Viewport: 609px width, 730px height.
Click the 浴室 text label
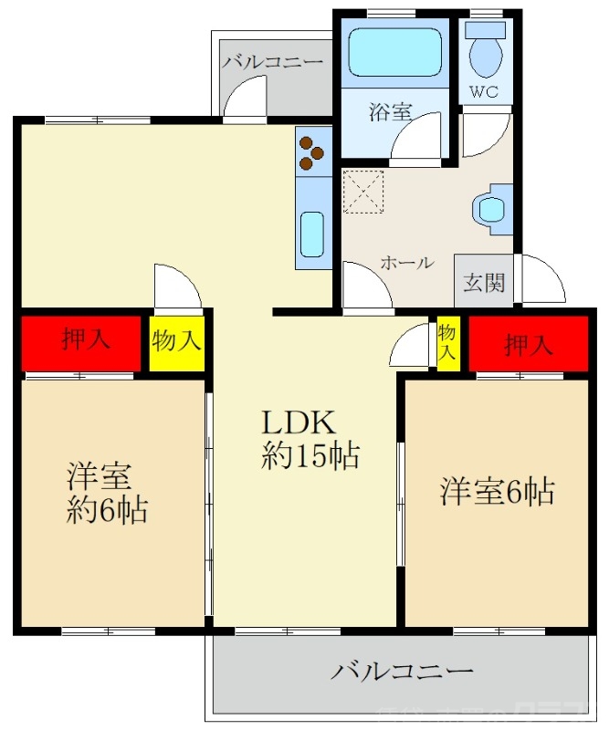pyautogui.click(x=390, y=113)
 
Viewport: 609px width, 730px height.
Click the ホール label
pyautogui.click(x=406, y=263)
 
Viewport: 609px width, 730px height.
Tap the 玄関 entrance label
pyautogui.click(x=484, y=283)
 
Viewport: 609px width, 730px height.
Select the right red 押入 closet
pyautogui.click(x=528, y=344)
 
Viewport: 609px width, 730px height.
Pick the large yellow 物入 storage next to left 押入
pyautogui.click(x=176, y=342)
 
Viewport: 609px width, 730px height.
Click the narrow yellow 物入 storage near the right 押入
pyautogui.click(x=447, y=342)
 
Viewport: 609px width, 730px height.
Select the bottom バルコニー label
pyautogui.click(x=402, y=673)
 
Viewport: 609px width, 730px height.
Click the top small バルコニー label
pyautogui.click(x=272, y=63)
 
